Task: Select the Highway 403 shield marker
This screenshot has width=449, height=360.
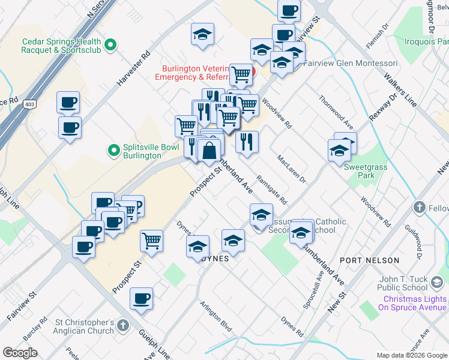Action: [29, 104]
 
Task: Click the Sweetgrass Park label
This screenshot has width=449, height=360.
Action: [365, 172]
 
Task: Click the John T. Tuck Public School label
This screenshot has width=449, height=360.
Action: [411, 283]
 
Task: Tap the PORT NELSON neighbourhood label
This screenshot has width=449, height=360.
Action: [369, 260]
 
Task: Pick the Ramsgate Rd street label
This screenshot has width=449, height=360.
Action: [272, 190]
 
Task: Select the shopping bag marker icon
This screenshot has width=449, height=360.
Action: [209, 151]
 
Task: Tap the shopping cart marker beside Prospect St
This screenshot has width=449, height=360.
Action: [152, 242]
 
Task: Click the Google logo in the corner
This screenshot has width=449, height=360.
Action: [20, 352]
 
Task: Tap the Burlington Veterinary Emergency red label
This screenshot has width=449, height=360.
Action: [192, 73]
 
